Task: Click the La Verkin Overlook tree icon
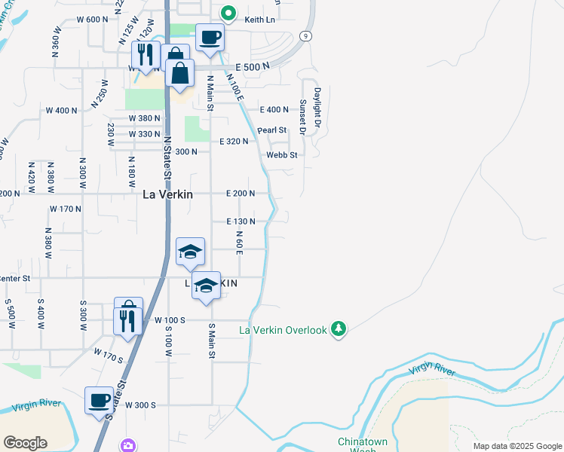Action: point(339,330)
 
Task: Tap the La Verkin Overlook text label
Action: point(283,330)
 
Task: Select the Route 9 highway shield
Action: point(305,35)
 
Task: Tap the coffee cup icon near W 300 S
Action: point(99,400)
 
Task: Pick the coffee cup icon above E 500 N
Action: point(210,38)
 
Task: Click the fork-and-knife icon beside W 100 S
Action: point(127,321)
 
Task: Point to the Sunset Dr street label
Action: point(302,117)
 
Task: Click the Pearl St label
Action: point(272,130)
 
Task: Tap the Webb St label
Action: point(282,155)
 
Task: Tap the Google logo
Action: point(26,442)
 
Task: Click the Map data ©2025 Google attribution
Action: point(516,446)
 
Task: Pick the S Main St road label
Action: point(212,341)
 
